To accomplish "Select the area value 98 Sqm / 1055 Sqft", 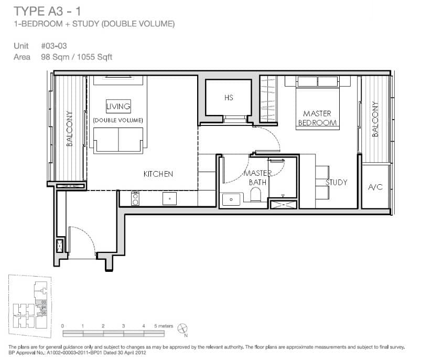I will click(x=77, y=57).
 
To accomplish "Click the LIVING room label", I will click(x=118, y=107).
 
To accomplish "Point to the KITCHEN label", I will click(x=158, y=174).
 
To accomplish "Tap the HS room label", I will click(x=228, y=98).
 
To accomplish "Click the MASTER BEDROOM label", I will click(x=317, y=118).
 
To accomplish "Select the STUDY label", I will click(x=336, y=183).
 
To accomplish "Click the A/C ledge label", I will click(x=375, y=187).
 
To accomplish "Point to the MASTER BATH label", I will click(x=258, y=178).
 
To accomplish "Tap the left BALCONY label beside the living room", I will click(x=69, y=128).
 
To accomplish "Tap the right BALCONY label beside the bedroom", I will click(x=375, y=119).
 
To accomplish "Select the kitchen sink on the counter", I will click(x=169, y=198).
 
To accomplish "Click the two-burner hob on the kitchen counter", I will click(x=135, y=198).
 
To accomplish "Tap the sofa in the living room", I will click(x=118, y=139).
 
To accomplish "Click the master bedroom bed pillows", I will click(x=317, y=82).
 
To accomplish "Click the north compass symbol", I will click(x=183, y=329).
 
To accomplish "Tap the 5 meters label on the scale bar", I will click(x=164, y=326).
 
